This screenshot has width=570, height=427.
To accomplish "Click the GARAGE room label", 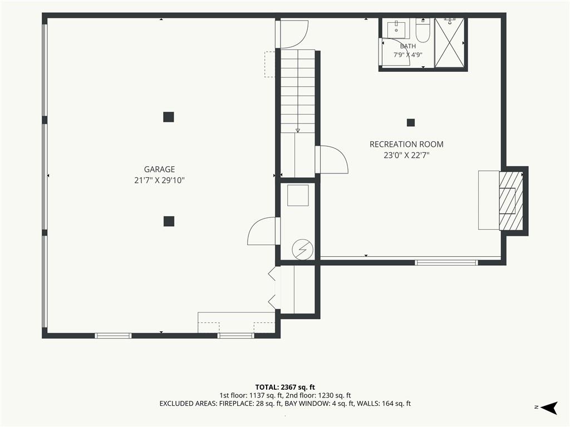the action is [159, 169].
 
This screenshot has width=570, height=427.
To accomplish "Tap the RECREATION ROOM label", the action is [406, 144].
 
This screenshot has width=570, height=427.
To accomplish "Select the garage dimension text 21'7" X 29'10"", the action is [160, 181].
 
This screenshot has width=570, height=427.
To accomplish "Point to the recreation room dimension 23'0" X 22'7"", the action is [406, 156].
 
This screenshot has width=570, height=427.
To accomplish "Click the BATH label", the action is [408, 46].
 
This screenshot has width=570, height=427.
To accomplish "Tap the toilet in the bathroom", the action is [423, 30].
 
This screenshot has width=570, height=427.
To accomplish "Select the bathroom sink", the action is [396, 29].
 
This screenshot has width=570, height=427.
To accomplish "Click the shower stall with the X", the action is [450, 42].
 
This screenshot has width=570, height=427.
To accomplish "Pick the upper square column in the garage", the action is [168, 117].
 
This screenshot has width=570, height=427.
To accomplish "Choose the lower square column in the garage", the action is [169, 221].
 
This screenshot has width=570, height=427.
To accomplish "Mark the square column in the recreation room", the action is [411, 123].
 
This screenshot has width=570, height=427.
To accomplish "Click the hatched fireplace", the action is [511, 201].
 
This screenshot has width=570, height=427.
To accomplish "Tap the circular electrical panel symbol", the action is [302, 249].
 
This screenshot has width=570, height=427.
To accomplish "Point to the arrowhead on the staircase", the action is [298, 130].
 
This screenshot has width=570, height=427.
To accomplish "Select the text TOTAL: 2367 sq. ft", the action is [285, 387].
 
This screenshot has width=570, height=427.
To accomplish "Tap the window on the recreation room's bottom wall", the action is [446, 262].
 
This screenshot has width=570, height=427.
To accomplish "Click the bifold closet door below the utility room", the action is [272, 289].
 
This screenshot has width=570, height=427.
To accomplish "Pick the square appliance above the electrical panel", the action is [298, 195].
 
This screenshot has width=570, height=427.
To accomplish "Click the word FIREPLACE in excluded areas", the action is [233, 404].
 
